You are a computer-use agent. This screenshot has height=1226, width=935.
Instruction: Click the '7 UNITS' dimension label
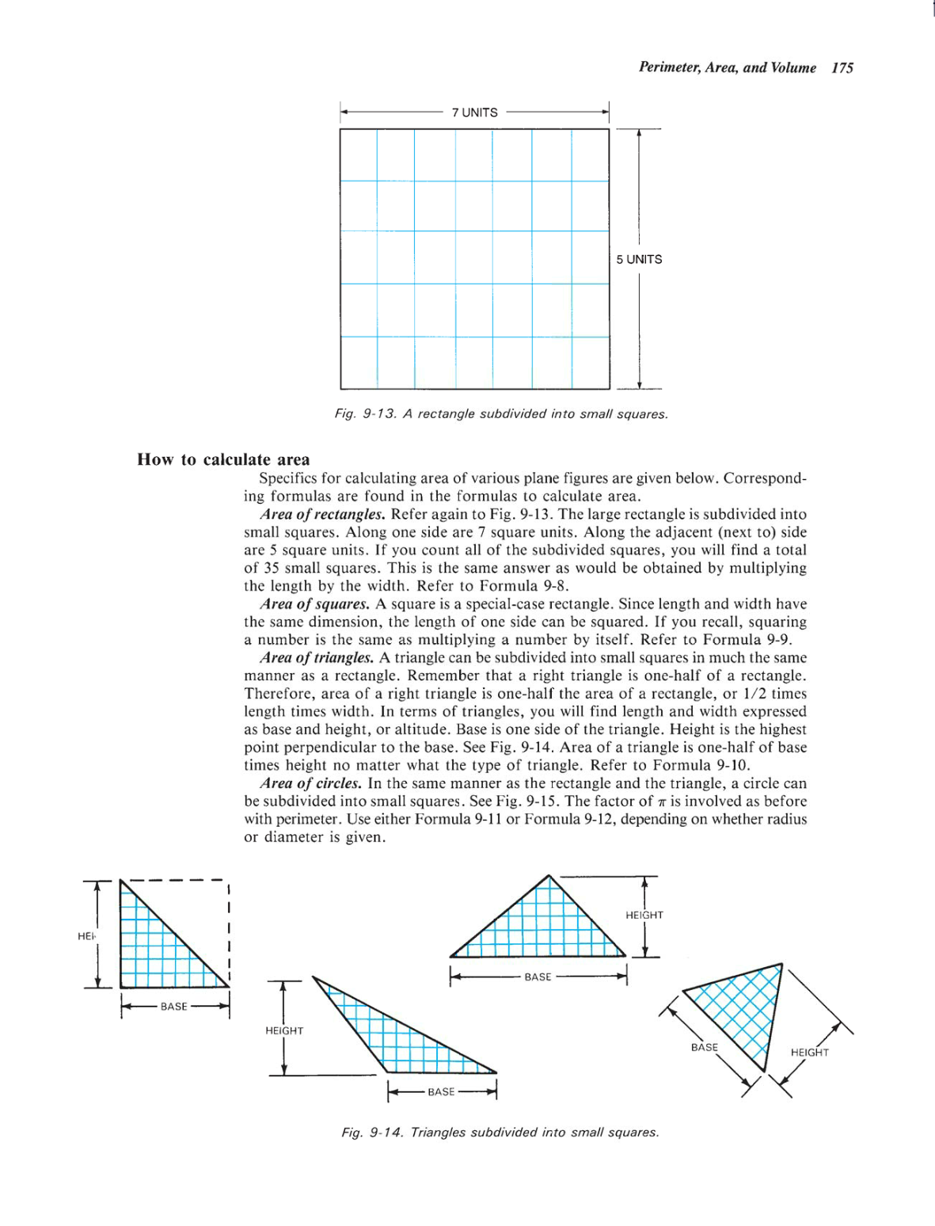[x=474, y=112]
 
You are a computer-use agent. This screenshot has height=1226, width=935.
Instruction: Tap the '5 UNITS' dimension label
[x=639, y=259]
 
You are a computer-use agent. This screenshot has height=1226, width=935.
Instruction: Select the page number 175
[x=842, y=68]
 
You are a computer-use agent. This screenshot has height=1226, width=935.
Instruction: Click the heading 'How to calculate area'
[x=223, y=459]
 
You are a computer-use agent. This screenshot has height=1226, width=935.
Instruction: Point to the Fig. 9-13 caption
[x=501, y=413]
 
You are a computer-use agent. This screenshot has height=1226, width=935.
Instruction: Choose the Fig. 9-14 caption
[x=500, y=1132]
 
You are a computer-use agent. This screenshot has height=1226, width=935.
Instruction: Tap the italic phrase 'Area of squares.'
[x=315, y=604]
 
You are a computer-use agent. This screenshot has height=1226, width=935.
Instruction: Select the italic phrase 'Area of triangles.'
[x=317, y=657]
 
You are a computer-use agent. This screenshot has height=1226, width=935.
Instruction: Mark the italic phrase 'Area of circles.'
[x=311, y=783]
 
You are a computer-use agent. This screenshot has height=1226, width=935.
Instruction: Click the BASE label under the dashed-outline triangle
[x=174, y=1007]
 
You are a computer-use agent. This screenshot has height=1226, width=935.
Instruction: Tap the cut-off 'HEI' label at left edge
[x=86, y=936]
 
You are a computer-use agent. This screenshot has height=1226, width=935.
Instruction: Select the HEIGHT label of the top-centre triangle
[x=644, y=915]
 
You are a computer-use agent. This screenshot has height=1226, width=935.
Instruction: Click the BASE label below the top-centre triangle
[x=538, y=977]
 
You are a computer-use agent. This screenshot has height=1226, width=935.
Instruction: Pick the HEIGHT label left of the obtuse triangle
[x=284, y=1030]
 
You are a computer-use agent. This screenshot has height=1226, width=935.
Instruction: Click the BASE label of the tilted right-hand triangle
[x=704, y=1047]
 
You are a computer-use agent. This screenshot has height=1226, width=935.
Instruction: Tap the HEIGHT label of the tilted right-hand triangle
[x=809, y=1053]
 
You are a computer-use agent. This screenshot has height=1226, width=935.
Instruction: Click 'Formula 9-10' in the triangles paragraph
[x=709, y=765]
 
